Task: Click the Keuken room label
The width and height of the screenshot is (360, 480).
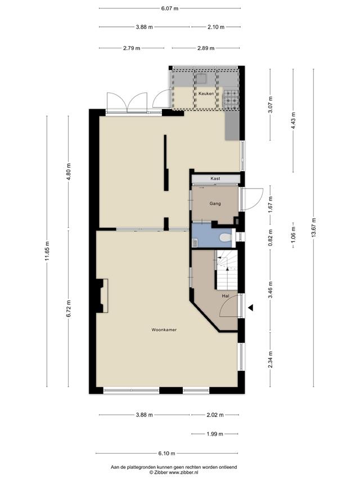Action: click(x=206, y=93)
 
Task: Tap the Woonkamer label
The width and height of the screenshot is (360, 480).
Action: click(x=164, y=330)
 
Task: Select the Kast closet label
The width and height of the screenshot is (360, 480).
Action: click(x=215, y=178)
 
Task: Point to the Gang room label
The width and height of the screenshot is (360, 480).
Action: click(x=215, y=203)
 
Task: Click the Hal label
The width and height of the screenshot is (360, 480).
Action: click(x=226, y=296)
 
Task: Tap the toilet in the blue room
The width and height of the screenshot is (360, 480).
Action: click(x=226, y=237)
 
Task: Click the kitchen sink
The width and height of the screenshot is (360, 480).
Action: click(x=201, y=79)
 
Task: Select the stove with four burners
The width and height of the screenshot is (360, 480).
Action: click(x=231, y=100)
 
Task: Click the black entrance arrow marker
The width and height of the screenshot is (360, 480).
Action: click(x=251, y=308)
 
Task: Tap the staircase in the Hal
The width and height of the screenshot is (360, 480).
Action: click(x=227, y=270)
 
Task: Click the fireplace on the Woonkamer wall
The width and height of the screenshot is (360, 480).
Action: click(x=102, y=296)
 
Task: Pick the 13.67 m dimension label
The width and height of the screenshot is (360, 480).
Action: click(x=313, y=227)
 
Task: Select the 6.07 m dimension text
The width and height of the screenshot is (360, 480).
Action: click(x=169, y=8)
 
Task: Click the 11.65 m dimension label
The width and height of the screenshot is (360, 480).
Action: click(x=47, y=251)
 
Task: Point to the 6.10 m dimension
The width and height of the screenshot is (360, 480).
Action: click(x=167, y=454)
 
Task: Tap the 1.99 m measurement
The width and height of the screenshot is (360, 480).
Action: click(x=214, y=434)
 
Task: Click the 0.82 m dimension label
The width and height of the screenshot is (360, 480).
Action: click(x=270, y=237)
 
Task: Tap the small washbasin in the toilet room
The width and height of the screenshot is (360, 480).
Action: click(x=195, y=243)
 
